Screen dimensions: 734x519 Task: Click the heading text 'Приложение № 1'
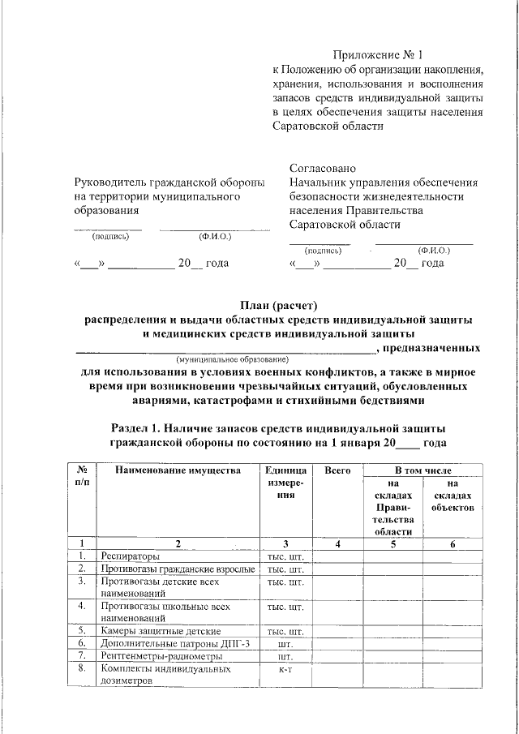tap(379, 55)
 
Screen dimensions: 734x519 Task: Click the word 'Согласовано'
tap(322, 168)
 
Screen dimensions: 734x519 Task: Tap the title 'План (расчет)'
tap(277, 305)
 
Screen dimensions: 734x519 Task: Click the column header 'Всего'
tap(337, 470)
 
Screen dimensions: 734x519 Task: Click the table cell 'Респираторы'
tap(130, 556)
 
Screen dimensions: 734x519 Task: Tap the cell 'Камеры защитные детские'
tap(160, 630)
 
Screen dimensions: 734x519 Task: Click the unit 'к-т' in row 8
tap(285, 670)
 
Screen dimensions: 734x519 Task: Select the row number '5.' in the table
tap(82, 630)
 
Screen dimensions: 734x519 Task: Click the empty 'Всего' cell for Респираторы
tap(337, 556)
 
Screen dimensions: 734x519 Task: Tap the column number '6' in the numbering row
tap(453, 543)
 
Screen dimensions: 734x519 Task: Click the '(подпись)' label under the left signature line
tap(110, 237)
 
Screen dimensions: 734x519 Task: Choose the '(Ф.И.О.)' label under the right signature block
tap(435, 251)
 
